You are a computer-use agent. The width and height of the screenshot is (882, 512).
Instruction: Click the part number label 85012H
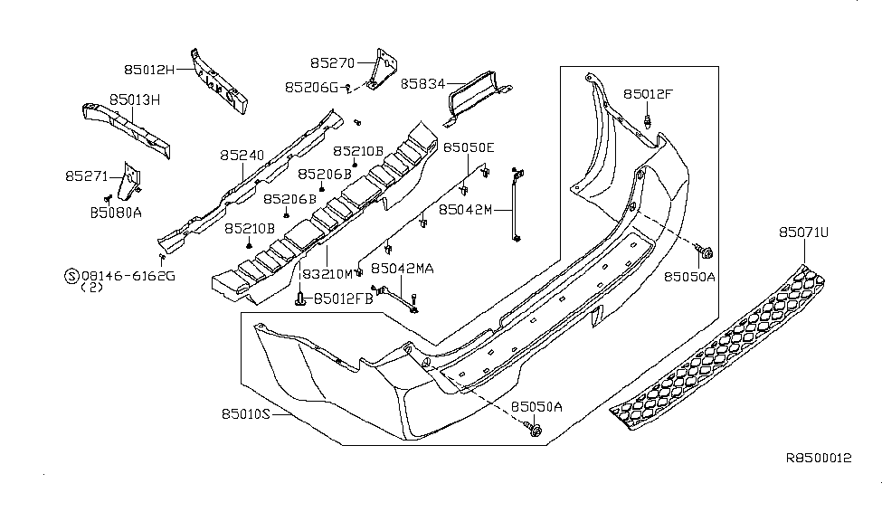click(149, 67)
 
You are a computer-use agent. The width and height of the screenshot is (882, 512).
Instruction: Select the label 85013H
click(135, 99)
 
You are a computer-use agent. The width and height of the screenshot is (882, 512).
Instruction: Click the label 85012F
click(647, 94)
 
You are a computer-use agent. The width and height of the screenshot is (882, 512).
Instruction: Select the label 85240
click(242, 156)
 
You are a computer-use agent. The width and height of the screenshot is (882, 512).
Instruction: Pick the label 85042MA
click(403, 269)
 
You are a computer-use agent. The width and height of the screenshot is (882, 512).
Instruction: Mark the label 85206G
click(309, 88)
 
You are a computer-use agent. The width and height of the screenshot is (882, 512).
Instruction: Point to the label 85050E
click(469, 147)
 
